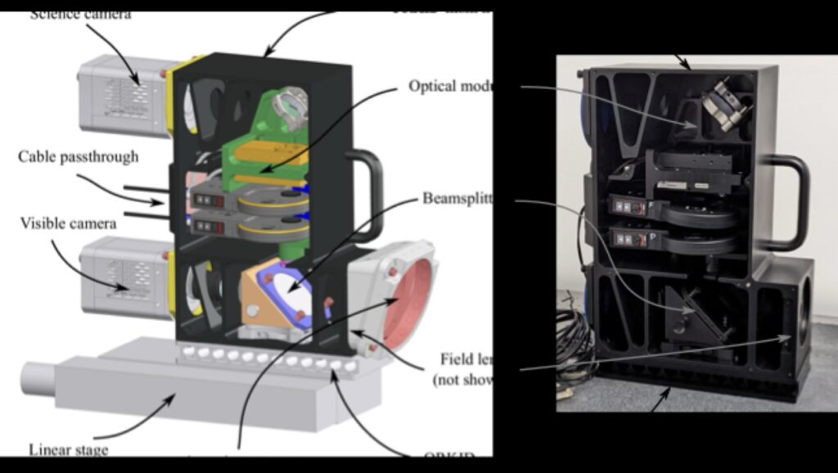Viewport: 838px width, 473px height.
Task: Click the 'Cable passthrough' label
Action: click(x=79, y=156)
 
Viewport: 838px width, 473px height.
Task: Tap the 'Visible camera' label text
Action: click(x=68, y=222)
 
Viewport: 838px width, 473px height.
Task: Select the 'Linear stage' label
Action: click(x=68, y=449)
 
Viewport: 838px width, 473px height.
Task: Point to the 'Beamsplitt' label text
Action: click(x=457, y=199)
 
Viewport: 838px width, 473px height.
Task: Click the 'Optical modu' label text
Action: click(x=449, y=86)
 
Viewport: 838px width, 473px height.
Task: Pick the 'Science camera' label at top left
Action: click(x=80, y=14)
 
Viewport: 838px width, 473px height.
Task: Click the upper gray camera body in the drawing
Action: click(x=123, y=94)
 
